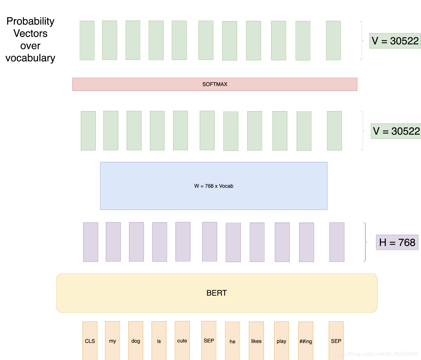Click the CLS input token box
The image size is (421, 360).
(x=90, y=340)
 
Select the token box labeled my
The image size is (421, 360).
(x=112, y=340)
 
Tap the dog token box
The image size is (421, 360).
(x=136, y=340)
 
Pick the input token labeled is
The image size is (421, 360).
(x=159, y=340)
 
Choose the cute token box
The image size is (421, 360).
(x=182, y=340)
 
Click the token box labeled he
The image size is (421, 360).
(x=232, y=341)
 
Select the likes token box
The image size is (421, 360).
(x=256, y=341)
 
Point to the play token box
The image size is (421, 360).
(x=282, y=341)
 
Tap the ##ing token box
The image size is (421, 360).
(x=306, y=341)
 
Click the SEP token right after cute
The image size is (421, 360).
(x=209, y=340)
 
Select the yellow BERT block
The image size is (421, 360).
(x=217, y=293)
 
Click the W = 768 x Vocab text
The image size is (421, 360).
(x=214, y=186)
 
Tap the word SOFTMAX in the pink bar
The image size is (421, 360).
(x=215, y=84)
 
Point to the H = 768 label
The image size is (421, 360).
(x=397, y=242)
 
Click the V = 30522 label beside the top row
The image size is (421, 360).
(x=395, y=41)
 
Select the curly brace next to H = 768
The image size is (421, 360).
(x=365, y=242)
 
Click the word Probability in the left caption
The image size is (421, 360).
(x=30, y=21)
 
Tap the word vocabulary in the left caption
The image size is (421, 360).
(x=30, y=58)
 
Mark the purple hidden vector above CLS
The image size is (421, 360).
(x=91, y=242)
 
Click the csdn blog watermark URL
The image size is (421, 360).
(x=376, y=354)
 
